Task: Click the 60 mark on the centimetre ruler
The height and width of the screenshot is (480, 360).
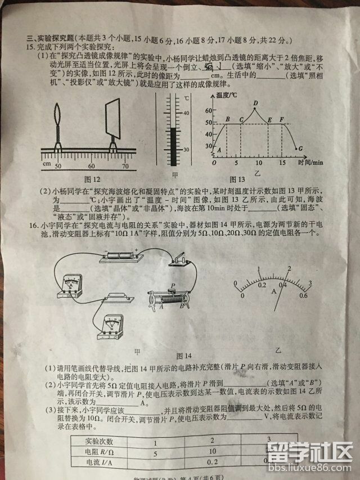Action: pyautogui.click(x=91, y=166)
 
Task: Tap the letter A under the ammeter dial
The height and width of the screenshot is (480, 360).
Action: pyautogui.click(x=273, y=292)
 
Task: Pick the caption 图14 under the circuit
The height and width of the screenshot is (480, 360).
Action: pyautogui.click(x=184, y=356)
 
